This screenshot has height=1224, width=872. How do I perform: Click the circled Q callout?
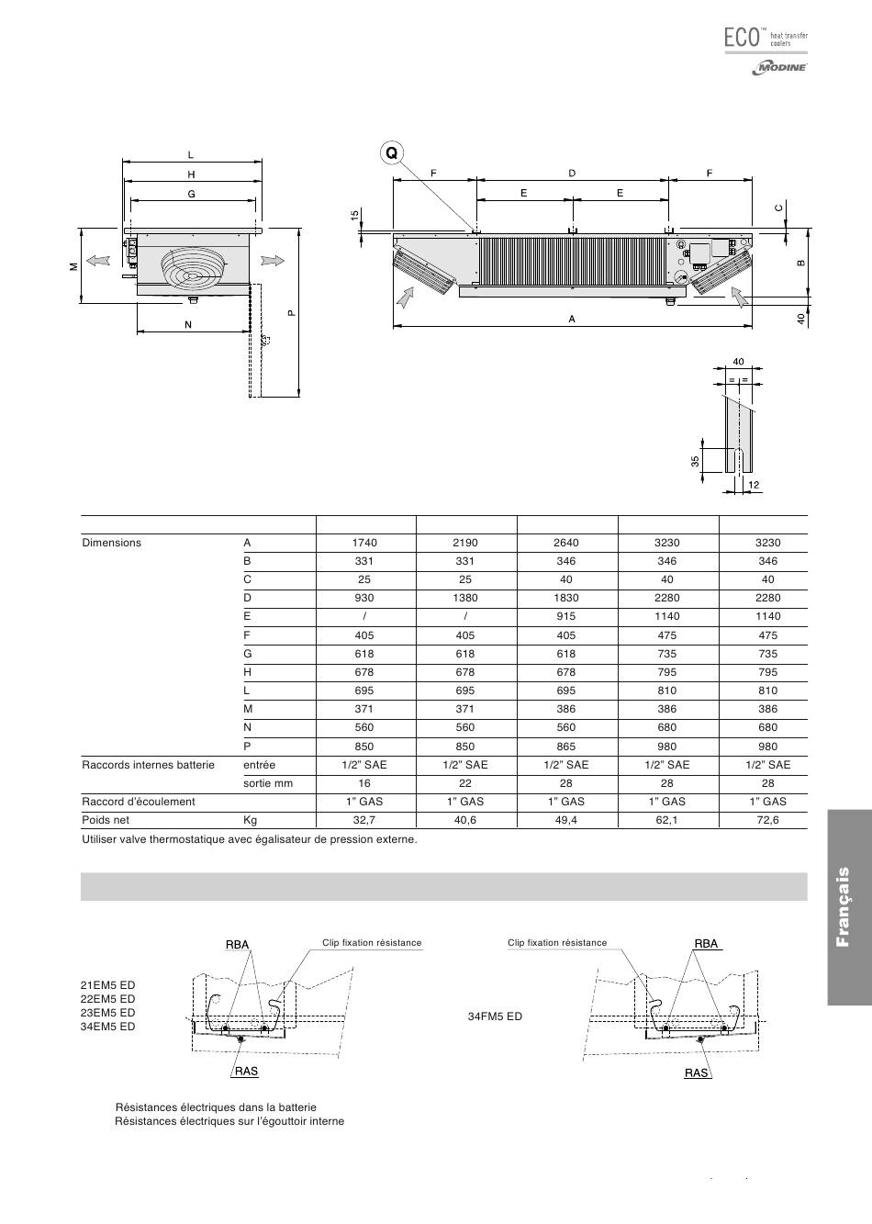392,153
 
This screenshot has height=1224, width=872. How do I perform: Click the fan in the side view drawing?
191,266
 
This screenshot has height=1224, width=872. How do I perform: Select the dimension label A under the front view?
572,319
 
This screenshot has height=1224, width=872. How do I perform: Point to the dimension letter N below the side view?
188,324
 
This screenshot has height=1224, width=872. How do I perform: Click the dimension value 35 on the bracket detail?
696,461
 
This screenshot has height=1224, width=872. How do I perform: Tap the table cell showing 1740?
364,543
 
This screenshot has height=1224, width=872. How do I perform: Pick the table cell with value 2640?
566,543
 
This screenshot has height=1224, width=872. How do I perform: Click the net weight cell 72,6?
767,820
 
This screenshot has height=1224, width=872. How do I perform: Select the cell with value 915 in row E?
566,616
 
